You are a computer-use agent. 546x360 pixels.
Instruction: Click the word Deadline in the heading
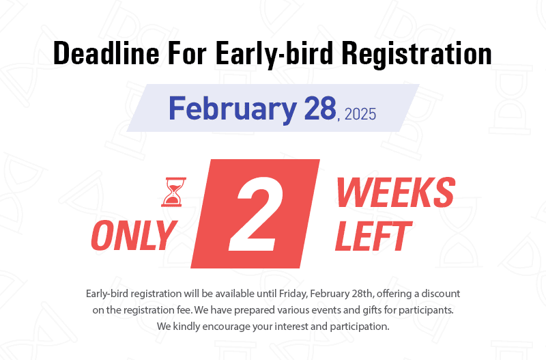pyautogui.click(x=106, y=53)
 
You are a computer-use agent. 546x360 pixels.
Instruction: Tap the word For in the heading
pyautogui.click(x=187, y=53)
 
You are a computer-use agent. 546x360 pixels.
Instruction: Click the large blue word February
pyautogui.click(x=233, y=109)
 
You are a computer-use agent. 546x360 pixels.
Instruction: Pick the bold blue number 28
pyautogui.click(x=320, y=108)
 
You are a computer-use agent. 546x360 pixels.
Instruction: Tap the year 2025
pyautogui.click(x=360, y=114)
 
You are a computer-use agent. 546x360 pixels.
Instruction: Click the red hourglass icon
pyautogui.click(x=173, y=192)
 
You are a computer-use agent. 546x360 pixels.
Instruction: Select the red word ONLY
pyautogui.click(x=134, y=236)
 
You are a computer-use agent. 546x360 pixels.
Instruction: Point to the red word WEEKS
pyautogui.click(x=396, y=193)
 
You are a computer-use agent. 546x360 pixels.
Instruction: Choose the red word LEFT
pyautogui.click(x=373, y=236)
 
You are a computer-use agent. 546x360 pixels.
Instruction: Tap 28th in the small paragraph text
pyautogui.click(x=362, y=294)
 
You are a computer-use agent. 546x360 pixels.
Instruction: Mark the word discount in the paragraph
pyautogui.click(x=441, y=294)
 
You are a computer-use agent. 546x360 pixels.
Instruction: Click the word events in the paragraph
pyautogui.click(x=326, y=310)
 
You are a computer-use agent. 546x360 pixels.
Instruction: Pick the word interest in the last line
pyautogui.click(x=291, y=327)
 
